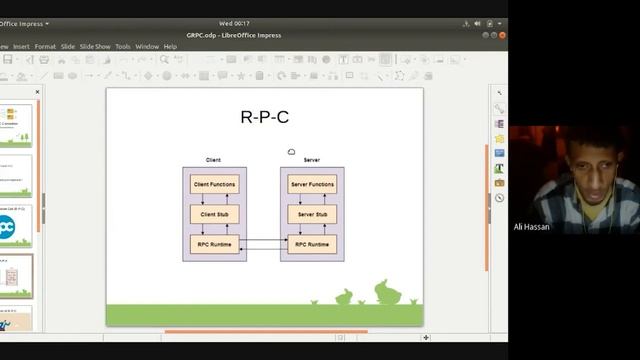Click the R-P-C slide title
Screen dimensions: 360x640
point(264,117)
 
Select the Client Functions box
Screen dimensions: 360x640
point(214,185)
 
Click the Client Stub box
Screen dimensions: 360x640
point(214,215)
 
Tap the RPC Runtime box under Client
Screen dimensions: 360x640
point(214,244)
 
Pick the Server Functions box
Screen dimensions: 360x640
point(312,185)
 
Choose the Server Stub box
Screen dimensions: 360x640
point(312,215)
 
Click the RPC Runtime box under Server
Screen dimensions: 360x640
point(312,244)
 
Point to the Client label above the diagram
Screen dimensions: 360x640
point(213,160)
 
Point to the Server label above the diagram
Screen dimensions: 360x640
point(311,160)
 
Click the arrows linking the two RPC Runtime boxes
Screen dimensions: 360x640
point(263,244)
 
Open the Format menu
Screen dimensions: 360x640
point(45,46)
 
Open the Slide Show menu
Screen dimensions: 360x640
point(95,46)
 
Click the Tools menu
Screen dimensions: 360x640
point(123,46)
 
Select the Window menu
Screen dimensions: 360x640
point(147,46)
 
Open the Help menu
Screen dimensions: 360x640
point(170,46)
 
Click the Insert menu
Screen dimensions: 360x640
point(21,46)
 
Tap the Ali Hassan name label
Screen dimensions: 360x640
point(531,227)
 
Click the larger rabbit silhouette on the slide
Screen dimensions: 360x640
point(386,292)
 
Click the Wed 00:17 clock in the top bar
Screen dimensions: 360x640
point(234,23)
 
